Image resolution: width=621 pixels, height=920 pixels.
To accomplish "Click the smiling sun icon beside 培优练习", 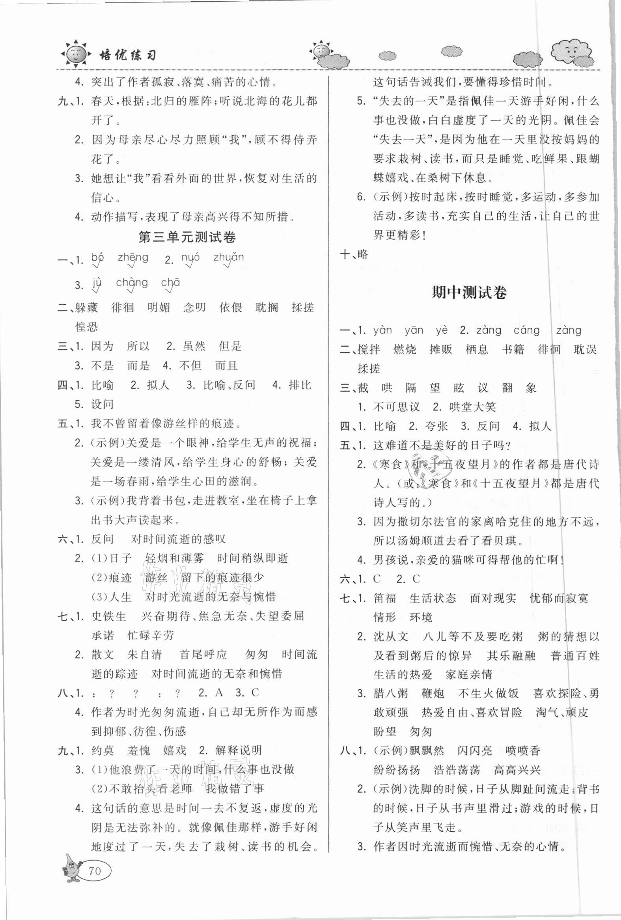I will [x=75, y=54].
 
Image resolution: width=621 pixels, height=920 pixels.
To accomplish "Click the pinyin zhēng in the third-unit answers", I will [x=132, y=258].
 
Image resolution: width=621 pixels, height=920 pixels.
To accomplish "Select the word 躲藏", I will [x=86, y=308].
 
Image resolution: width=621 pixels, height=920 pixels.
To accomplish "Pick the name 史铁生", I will [x=108, y=616].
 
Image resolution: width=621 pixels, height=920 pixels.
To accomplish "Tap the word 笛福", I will [x=385, y=598].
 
